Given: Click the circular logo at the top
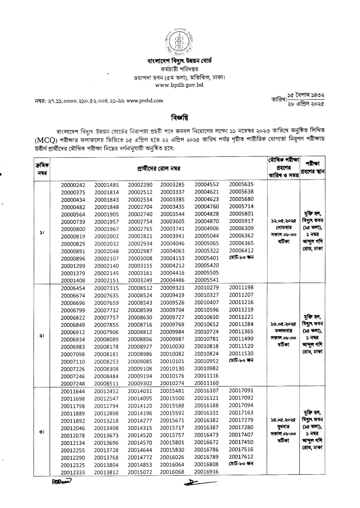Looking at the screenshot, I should [180, 41].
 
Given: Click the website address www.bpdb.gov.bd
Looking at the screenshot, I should [180, 85].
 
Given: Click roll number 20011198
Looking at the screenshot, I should [241, 287].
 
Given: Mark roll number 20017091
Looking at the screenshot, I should [241, 391].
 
